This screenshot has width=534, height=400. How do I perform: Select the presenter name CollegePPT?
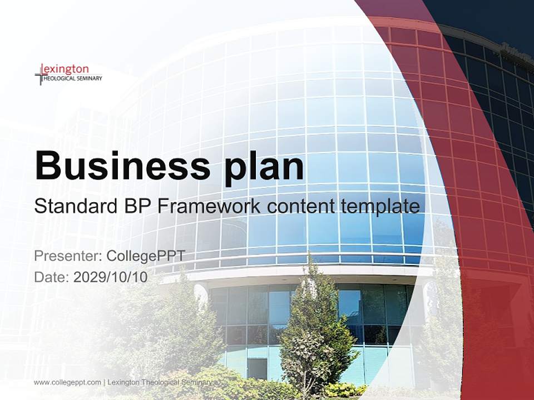[x=145, y=256]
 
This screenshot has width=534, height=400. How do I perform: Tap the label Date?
[x=52, y=277]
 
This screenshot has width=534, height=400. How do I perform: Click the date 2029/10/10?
[x=111, y=277]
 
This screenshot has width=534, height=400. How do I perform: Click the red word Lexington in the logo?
[x=67, y=69]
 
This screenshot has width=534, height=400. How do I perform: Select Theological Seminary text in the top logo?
[x=73, y=79]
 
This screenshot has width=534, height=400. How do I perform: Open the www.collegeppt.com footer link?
[x=67, y=382]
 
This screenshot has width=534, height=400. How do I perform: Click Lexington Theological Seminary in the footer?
[x=159, y=382]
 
